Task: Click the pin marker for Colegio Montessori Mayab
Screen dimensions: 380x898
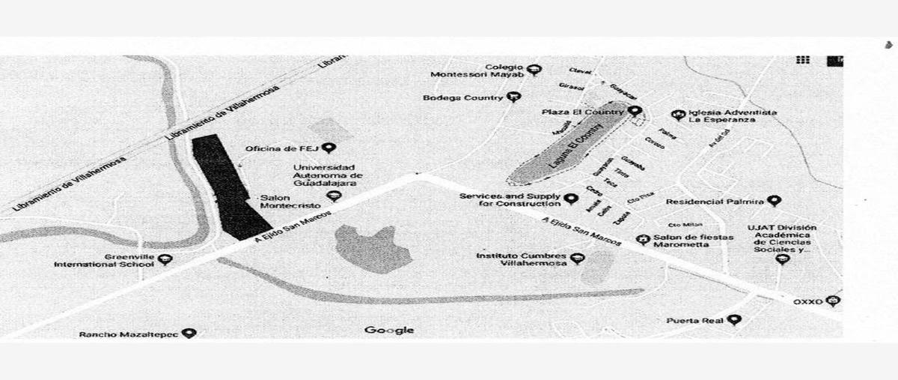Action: point(534,70)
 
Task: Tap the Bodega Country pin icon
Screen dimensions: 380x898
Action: point(513,97)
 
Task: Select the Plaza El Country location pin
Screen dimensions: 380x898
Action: point(635,112)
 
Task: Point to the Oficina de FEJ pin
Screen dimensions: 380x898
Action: point(328,148)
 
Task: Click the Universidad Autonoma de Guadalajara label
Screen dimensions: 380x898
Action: point(324,175)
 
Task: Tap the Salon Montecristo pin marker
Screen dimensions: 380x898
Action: point(335,196)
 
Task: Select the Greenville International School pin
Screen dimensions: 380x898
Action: point(165,260)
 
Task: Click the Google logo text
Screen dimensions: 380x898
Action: point(389,330)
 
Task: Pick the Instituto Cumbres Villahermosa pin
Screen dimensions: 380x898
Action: point(576,259)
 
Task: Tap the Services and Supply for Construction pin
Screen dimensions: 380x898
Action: point(571,199)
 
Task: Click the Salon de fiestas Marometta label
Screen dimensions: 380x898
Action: point(692,240)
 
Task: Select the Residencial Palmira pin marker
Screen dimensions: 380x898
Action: point(774,201)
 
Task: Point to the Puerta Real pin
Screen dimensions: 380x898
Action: point(734,320)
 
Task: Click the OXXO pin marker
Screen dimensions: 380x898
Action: point(833,301)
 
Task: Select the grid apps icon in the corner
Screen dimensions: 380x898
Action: point(804,61)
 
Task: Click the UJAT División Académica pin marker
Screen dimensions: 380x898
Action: point(783,259)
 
